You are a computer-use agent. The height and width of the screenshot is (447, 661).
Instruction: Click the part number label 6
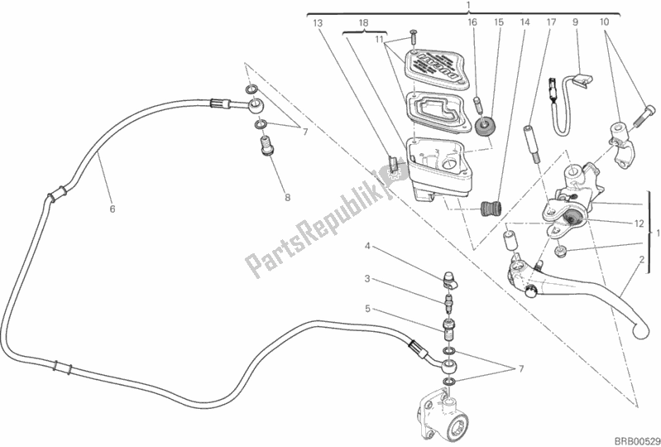(112, 209)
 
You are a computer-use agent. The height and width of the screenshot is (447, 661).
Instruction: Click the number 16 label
(472, 23)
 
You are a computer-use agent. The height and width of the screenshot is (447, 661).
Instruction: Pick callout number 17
(549, 23)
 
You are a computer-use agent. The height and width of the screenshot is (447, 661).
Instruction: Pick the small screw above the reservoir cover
(411, 36)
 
